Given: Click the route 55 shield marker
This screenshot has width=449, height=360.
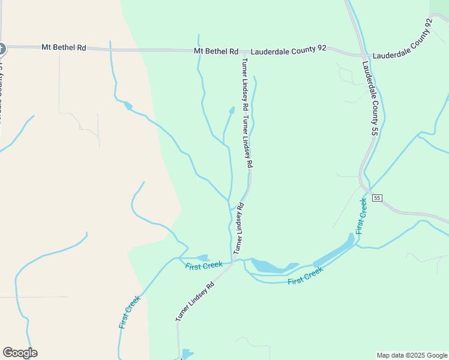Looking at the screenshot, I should (x=377, y=198).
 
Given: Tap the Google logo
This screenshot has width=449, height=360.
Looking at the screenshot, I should (x=20, y=353).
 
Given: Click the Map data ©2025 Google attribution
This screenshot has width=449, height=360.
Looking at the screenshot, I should (x=412, y=355).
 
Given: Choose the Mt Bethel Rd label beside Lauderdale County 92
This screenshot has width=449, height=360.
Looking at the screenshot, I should (x=216, y=51).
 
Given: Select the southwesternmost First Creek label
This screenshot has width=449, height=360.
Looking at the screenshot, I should (x=130, y=311).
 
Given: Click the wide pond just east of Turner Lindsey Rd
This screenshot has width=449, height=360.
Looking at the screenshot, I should (x=270, y=266).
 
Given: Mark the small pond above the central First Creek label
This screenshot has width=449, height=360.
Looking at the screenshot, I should (x=202, y=257).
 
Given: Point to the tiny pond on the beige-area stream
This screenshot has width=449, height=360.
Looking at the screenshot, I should (x=128, y=106).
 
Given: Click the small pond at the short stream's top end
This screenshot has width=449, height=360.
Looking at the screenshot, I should (x=232, y=110).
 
